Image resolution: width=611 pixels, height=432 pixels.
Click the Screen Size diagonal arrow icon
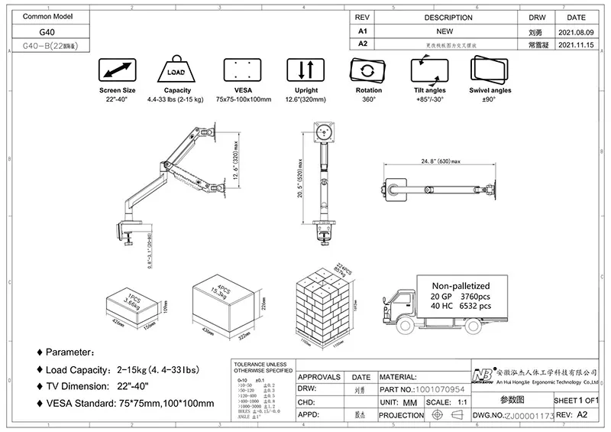pyautogui.click(x=117, y=72)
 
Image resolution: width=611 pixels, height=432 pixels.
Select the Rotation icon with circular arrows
pyautogui.click(x=368, y=72)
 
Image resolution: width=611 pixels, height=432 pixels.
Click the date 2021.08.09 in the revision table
pyautogui.click(x=577, y=32)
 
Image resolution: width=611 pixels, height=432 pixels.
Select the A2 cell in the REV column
pyautogui.click(x=364, y=45)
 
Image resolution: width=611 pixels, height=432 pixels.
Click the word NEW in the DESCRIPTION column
pyautogui.click(x=445, y=32)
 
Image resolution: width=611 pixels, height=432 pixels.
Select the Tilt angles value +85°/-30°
pyautogui.click(x=429, y=99)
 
